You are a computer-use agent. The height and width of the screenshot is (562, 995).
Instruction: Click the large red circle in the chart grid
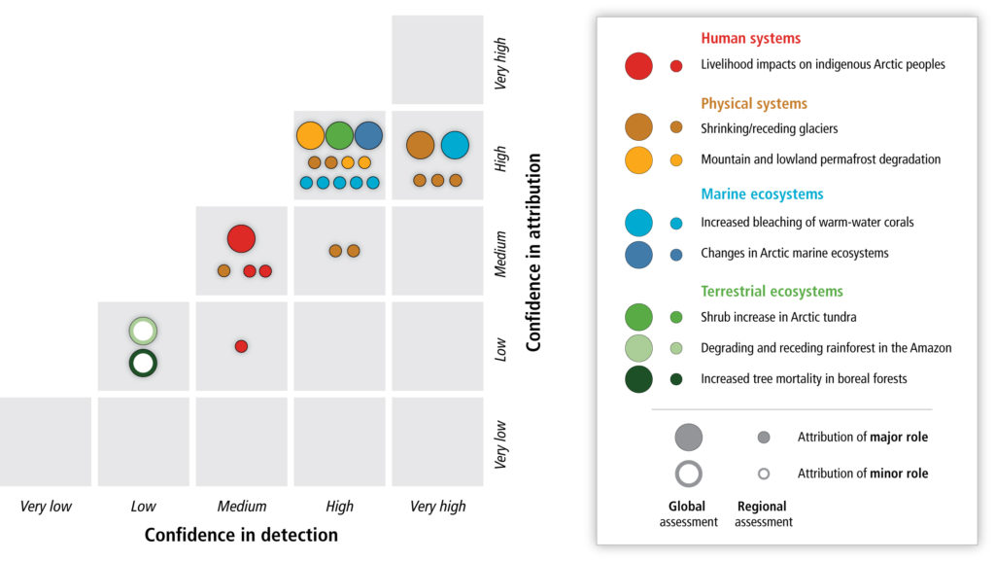(241, 239)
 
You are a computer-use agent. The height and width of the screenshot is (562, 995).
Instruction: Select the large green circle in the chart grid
(339, 135)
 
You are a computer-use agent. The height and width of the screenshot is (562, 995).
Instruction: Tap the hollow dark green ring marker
(143, 364)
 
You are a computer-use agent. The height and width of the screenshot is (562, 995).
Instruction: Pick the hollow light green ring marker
(143, 331)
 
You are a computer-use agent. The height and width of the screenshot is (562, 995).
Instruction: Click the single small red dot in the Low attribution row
(241, 346)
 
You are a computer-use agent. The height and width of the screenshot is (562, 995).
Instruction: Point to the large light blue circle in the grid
(455, 145)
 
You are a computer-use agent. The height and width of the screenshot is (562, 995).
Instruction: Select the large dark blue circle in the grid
(368, 135)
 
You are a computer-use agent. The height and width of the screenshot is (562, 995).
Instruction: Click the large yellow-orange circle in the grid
(310, 135)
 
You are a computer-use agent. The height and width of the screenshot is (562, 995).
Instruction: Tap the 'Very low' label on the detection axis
(46, 507)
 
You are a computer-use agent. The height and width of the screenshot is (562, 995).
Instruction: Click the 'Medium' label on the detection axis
(242, 507)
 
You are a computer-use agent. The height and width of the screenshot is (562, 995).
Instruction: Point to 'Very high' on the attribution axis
(500, 63)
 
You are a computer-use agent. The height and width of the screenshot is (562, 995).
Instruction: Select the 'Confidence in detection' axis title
(241, 535)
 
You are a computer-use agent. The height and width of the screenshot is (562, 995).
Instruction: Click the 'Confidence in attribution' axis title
(533, 252)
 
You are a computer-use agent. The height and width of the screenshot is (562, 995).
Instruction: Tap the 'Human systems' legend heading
(751, 38)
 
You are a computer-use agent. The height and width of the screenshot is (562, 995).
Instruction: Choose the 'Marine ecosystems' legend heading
(762, 194)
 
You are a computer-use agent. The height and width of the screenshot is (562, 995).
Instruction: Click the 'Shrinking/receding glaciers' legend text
(770, 129)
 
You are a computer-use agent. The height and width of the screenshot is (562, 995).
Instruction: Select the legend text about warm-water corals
(807, 223)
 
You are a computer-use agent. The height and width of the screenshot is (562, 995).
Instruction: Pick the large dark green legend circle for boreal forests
(638, 379)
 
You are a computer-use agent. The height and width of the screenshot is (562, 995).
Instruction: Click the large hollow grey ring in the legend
(689, 474)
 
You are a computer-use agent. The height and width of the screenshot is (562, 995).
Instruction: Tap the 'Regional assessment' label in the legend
(763, 513)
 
